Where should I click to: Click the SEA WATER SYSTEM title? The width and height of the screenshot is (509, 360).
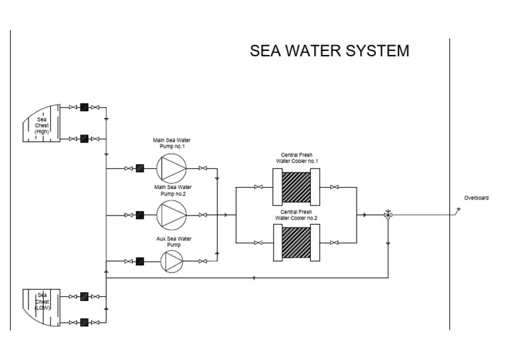(x=329, y=51)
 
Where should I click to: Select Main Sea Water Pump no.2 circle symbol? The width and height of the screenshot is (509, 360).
(x=172, y=214)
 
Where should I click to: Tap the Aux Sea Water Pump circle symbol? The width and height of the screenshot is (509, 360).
(x=172, y=261)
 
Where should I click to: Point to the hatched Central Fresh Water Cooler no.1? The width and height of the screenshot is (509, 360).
(x=297, y=188)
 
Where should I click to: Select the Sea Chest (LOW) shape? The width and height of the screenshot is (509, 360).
(x=42, y=308)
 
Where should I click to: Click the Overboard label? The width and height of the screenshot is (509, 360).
(x=477, y=198)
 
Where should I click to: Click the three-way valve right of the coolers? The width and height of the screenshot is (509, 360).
(x=389, y=215)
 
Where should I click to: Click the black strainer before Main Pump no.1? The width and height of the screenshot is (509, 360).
(x=141, y=168)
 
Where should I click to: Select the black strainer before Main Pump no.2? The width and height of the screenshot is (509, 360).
(x=141, y=215)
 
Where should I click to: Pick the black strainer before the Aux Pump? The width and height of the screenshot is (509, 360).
(x=141, y=261)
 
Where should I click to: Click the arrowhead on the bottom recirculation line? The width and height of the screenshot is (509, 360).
(x=255, y=278)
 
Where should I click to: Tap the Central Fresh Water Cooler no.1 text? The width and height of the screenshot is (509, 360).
(x=297, y=158)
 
